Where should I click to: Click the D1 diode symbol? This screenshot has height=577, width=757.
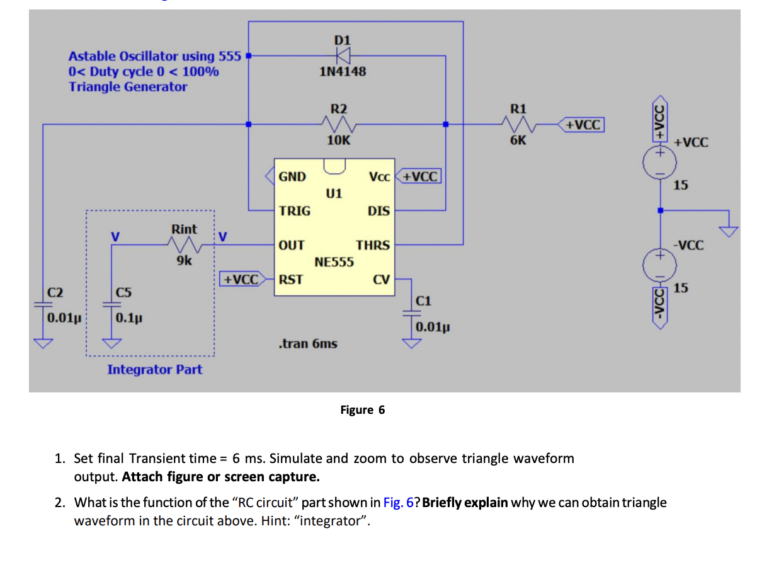(343, 55)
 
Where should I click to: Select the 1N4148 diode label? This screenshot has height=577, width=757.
(342, 72)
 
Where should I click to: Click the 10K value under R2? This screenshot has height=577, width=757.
(339, 140)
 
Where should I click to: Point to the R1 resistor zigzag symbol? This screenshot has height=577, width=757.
(518, 125)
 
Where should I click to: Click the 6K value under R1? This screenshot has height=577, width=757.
(518, 140)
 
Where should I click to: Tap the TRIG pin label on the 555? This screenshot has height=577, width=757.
(295, 211)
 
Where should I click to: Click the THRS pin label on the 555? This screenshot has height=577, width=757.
(373, 245)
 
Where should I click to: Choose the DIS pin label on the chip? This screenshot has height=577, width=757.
(378, 211)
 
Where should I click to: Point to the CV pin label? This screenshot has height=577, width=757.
(382, 279)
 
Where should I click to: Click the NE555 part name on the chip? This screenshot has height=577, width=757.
(334, 261)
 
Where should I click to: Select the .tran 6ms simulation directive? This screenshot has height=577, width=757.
(307, 344)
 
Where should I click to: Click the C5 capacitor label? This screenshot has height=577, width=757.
(123, 292)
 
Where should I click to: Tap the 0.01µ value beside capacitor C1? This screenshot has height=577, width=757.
(431, 327)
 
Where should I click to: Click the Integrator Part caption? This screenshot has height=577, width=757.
(155, 370)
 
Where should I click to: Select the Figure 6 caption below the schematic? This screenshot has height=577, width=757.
(362, 410)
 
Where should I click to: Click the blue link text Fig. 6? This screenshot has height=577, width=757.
(400, 503)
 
